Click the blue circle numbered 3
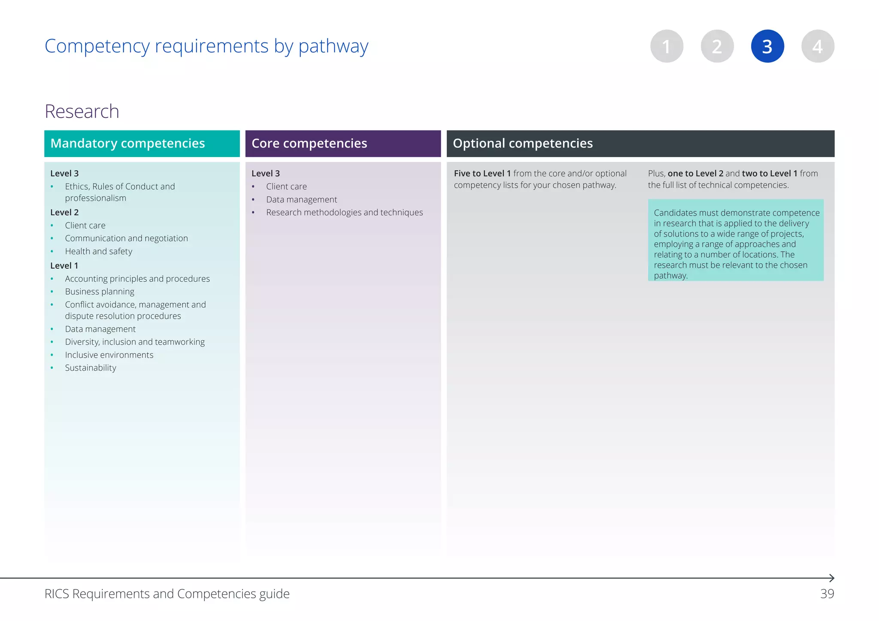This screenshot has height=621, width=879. (x=767, y=46)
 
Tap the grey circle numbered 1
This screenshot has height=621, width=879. (x=667, y=46)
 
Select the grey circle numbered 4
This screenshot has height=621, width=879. (x=818, y=46)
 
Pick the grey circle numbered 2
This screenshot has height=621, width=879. (x=717, y=46)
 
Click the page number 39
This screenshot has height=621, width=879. (x=827, y=594)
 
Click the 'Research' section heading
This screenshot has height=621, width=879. (x=82, y=112)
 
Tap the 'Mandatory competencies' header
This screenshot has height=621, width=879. (x=127, y=143)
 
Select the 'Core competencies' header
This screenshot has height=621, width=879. (x=309, y=143)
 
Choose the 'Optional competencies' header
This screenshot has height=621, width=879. (x=522, y=143)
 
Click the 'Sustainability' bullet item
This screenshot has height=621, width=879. (x=91, y=368)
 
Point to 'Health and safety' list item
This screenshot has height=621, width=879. (x=98, y=251)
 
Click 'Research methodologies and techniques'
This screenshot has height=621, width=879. (x=344, y=212)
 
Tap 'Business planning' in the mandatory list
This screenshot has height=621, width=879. (x=100, y=292)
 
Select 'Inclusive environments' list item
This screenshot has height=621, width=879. (x=109, y=355)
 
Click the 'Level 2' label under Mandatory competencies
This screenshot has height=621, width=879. (x=64, y=212)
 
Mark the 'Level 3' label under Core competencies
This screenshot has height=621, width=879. (x=266, y=173)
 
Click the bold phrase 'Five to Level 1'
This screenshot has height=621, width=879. (x=482, y=173)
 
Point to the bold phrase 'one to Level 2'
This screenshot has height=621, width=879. (x=695, y=173)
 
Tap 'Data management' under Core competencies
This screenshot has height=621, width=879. (x=301, y=199)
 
